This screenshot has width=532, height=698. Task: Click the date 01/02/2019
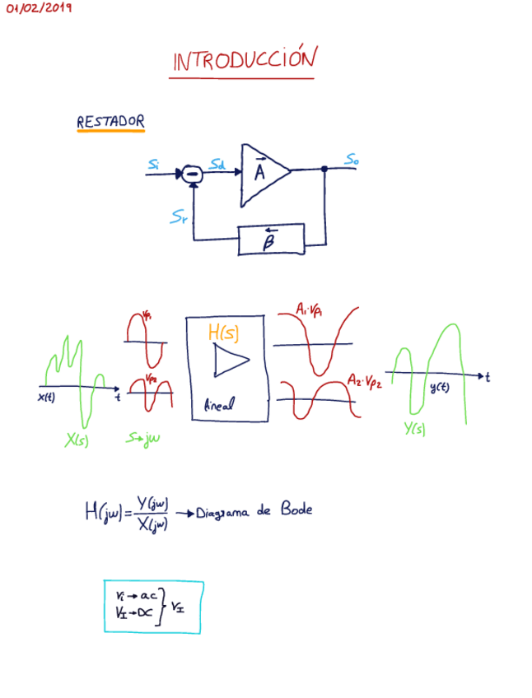pyautogui.click(x=39, y=8)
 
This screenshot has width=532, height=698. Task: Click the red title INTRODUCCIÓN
pyautogui.click(x=244, y=60)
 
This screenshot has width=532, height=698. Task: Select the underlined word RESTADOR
pyautogui.click(x=110, y=122)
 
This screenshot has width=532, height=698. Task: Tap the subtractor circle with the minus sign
pyautogui.click(x=192, y=173)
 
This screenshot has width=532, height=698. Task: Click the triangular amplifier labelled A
pyautogui.click(x=262, y=174)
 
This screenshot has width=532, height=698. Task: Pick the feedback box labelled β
pyautogui.click(x=270, y=240)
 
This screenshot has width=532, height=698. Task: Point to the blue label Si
pyautogui.click(x=154, y=165)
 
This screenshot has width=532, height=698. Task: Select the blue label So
pyautogui.click(x=352, y=159)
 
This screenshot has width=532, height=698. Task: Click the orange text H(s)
pyautogui.click(x=223, y=332)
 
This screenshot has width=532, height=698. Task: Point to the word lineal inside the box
pyautogui.click(x=218, y=406)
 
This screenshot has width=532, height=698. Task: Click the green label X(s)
pyautogui.click(x=77, y=440)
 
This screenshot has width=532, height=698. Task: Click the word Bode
pyautogui.click(x=296, y=509)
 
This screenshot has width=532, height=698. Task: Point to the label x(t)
pyautogui.click(x=46, y=398)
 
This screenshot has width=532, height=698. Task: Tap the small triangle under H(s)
pyautogui.click(x=229, y=360)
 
